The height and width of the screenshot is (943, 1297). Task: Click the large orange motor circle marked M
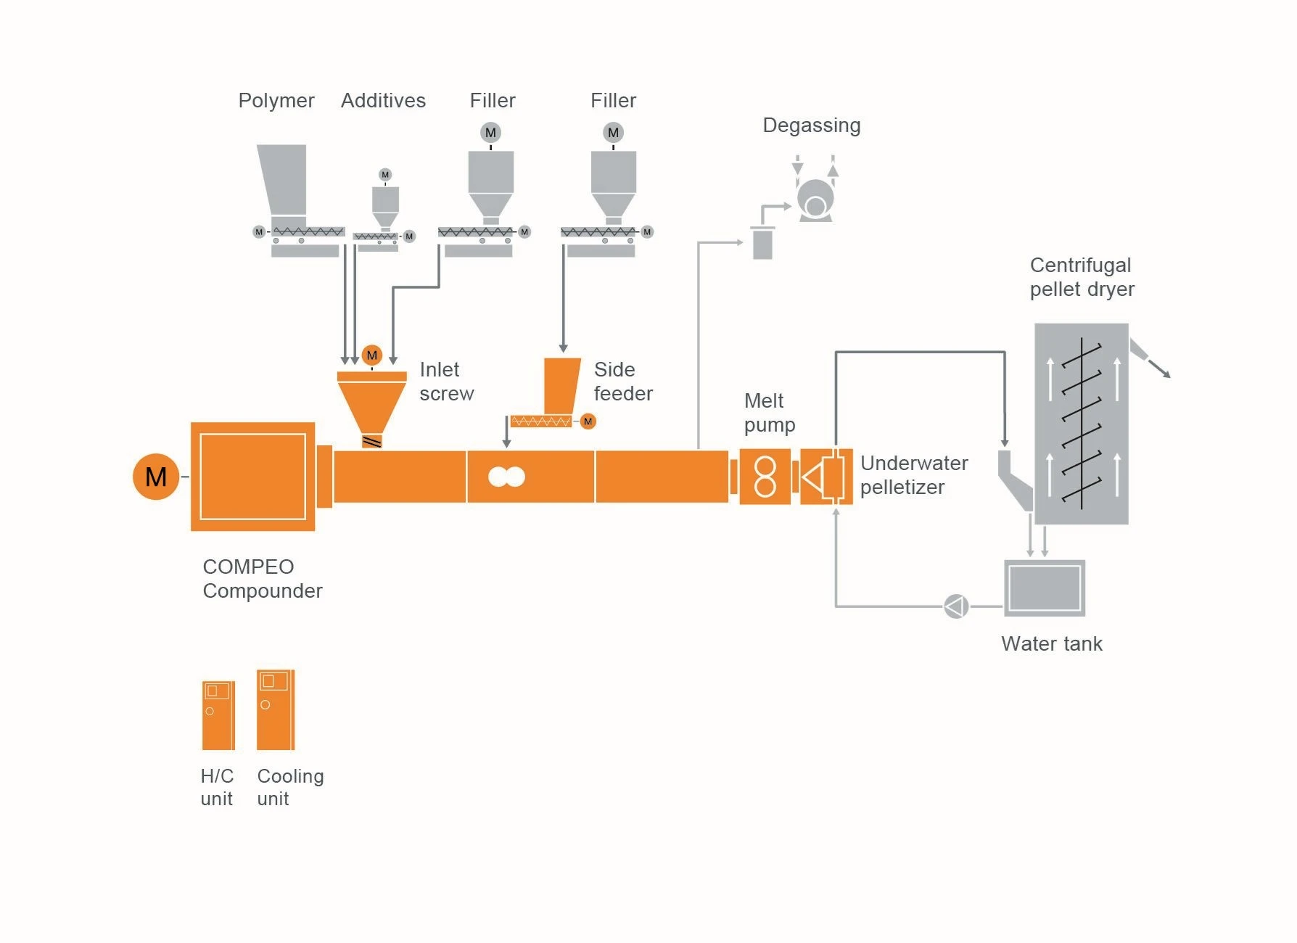[x=156, y=477]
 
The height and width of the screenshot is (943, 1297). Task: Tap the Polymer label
[x=276, y=100]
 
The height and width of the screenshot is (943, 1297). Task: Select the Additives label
[x=383, y=100]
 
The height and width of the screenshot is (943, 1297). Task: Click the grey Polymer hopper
[x=282, y=179]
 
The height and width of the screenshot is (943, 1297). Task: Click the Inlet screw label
[x=446, y=382]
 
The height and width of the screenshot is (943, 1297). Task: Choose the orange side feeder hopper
[x=561, y=385]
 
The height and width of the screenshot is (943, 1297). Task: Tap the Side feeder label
[x=622, y=382]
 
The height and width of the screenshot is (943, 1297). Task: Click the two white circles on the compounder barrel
[x=506, y=477]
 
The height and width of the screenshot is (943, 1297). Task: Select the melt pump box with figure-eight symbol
[x=765, y=477]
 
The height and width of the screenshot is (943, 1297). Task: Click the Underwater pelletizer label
[x=913, y=475]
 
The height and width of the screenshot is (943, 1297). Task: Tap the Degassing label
[x=811, y=125]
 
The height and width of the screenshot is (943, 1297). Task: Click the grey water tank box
[x=1044, y=588]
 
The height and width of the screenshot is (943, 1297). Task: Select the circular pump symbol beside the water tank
[x=956, y=606]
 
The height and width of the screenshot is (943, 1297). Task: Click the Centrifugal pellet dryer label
[x=1082, y=277]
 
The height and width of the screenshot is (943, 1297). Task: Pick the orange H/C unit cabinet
[x=218, y=715]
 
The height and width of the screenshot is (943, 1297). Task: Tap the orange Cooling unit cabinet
[x=276, y=709]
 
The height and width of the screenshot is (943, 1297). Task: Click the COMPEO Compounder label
[x=262, y=579]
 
